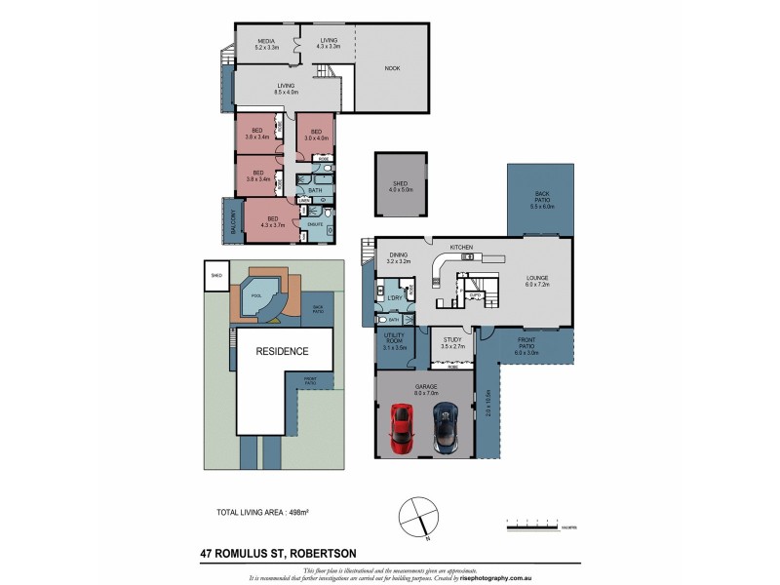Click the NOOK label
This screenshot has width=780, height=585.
point(392,67)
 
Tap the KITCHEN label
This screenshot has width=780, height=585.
point(461,248)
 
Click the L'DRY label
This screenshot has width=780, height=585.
point(395,296)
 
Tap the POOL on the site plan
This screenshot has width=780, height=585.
point(256,295)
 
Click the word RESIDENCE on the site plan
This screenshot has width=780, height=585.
point(282,351)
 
